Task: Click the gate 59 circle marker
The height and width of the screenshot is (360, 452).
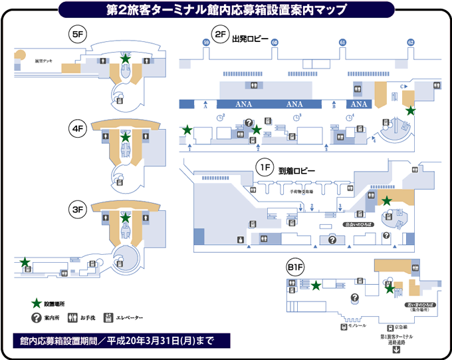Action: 206,42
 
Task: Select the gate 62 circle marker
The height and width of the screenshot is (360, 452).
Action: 411,42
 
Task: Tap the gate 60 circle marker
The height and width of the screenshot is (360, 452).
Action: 275,42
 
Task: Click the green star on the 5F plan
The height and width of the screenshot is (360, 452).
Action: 125,59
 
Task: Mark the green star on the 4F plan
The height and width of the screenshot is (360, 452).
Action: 126,137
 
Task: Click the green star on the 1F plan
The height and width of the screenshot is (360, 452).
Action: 386,200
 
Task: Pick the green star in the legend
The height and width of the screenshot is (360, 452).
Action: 37,303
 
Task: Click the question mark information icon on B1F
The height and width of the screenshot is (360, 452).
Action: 354,298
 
